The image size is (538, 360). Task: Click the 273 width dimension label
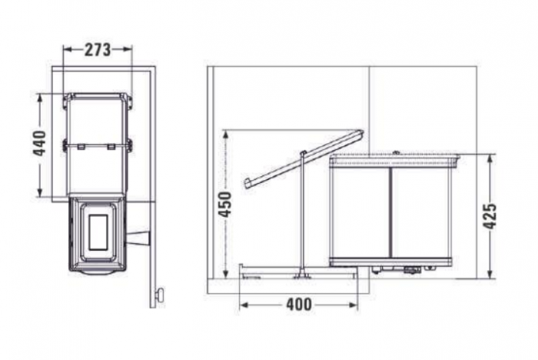click(x=98, y=49)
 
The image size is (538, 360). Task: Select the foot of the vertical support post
click(x=303, y=273)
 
